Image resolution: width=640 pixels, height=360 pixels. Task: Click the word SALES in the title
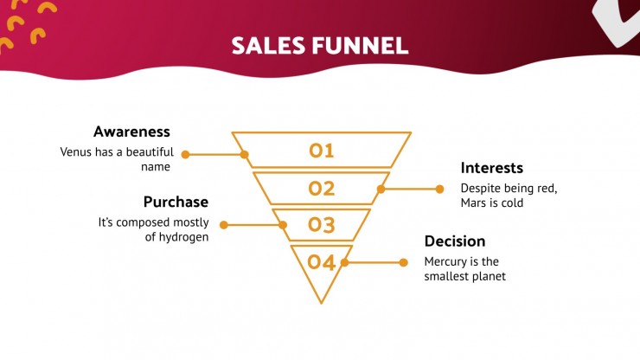[268, 45]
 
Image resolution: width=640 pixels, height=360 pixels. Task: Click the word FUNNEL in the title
[361, 45]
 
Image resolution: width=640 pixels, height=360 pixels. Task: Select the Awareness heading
[131, 132]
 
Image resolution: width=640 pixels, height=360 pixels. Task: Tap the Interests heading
[492, 168]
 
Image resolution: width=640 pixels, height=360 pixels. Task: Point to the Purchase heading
[176, 202]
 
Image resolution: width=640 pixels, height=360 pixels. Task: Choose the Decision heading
[455, 241]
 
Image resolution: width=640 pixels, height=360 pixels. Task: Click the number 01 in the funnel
[322, 151]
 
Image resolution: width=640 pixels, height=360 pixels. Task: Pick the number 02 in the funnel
[322, 189]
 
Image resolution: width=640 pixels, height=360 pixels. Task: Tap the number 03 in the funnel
[322, 225]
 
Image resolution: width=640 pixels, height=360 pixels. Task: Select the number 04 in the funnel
[322, 262]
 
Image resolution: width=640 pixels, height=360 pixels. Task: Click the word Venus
[75, 152]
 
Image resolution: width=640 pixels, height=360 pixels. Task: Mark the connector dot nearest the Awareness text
[185, 154]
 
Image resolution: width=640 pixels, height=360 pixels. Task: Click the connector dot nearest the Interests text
[439, 189]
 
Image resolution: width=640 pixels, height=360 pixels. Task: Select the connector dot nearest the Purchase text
[224, 225]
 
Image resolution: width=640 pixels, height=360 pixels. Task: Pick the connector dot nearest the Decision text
[403, 262]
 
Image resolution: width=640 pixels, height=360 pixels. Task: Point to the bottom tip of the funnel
[322, 304]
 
